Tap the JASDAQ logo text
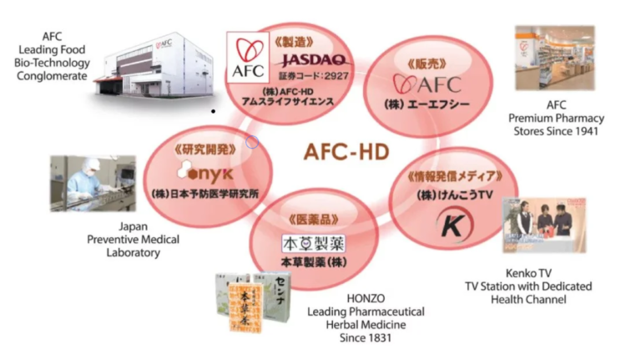click(312, 59)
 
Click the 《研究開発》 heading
click(203, 149)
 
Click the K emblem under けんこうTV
click(451, 226)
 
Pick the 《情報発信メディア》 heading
click(455, 176)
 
